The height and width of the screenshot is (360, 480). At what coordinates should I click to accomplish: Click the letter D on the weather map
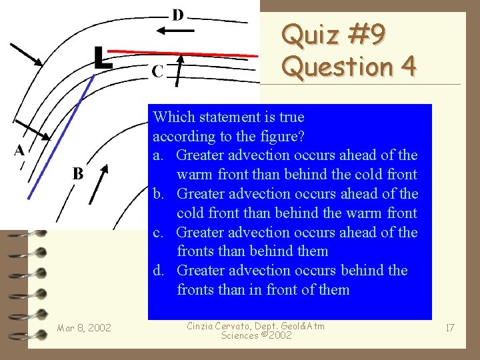point(179,15)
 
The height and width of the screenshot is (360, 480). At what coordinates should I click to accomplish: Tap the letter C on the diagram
point(157,71)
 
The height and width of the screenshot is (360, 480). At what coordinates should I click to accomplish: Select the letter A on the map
point(19,151)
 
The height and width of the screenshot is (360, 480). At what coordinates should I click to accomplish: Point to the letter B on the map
point(78,174)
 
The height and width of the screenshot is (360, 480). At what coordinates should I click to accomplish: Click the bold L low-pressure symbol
point(102,58)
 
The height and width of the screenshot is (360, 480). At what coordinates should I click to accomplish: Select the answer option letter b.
point(158,194)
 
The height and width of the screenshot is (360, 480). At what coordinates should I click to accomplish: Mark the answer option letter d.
point(158,271)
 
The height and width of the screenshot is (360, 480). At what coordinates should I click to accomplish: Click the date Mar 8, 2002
point(84,327)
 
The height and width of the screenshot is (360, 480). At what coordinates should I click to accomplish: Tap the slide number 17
point(450,327)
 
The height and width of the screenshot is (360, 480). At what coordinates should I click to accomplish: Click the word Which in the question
point(172,117)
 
